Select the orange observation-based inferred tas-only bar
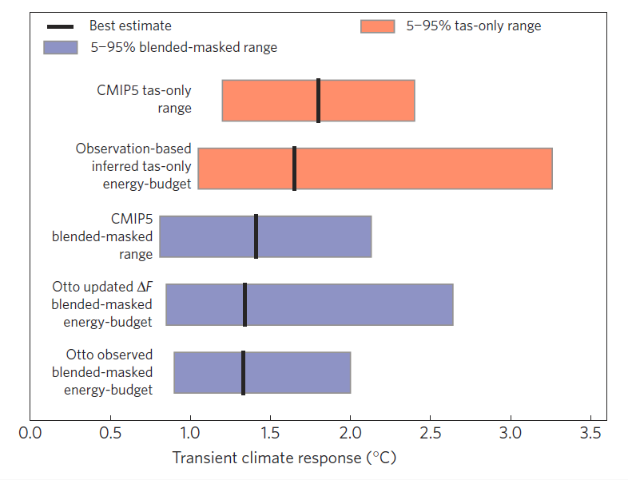pyautogui.click(x=415, y=169)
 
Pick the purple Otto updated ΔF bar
pyautogui.click(x=352, y=304)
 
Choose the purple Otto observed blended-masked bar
pyautogui.click(x=304, y=372)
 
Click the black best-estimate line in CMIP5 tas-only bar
pyautogui.click(x=318, y=101)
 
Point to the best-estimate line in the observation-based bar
pyautogui.click(x=294, y=169)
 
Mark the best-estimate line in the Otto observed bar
pyautogui.click(x=243, y=372)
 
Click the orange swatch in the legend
pyautogui.click(x=377, y=26)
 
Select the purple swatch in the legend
pyautogui.click(x=60, y=47)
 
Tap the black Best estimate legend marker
pyautogui.click(x=60, y=26)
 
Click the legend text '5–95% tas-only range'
pyautogui.click(x=473, y=26)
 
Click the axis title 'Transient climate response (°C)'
pyautogui.click(x=284, y=458)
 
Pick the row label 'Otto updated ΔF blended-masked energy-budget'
pyautogui.click(x=101, y=304)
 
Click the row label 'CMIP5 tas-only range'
pyautogui.click(x=144, y=99)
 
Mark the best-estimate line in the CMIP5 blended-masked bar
pyautogui.click(x=256, y=236)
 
